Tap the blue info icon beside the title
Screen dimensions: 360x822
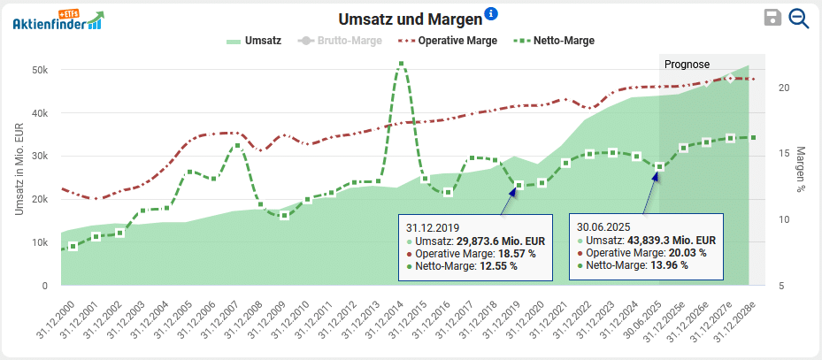click(491, 13)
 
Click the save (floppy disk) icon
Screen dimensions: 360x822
click(772, 19)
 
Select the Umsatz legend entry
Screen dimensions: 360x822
click(254, 41)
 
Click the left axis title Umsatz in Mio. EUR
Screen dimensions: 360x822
click(19, 169)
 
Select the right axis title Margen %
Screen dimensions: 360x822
click(801, 169)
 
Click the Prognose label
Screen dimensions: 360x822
click(687, 64)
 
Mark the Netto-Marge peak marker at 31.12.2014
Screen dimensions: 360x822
click(402, 64)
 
